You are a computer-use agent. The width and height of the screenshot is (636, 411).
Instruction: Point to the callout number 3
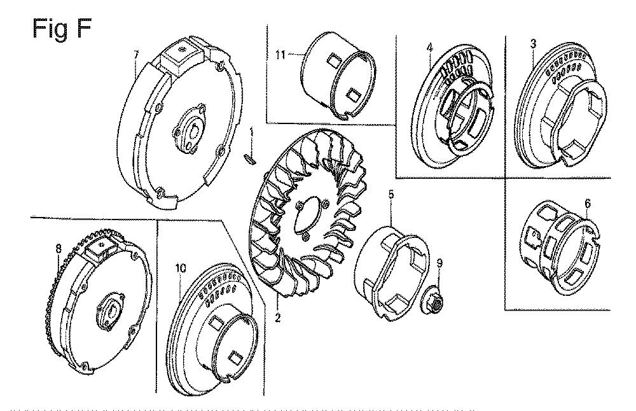tap(533, 43)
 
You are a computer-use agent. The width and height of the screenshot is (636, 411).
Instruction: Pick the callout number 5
tap(391, 192)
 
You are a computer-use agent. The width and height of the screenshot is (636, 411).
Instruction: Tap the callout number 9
tap(438, 261)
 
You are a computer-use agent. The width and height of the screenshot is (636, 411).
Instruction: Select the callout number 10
tap(181, 268)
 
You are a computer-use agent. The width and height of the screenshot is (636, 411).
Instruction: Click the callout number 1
tap(252, 132)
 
